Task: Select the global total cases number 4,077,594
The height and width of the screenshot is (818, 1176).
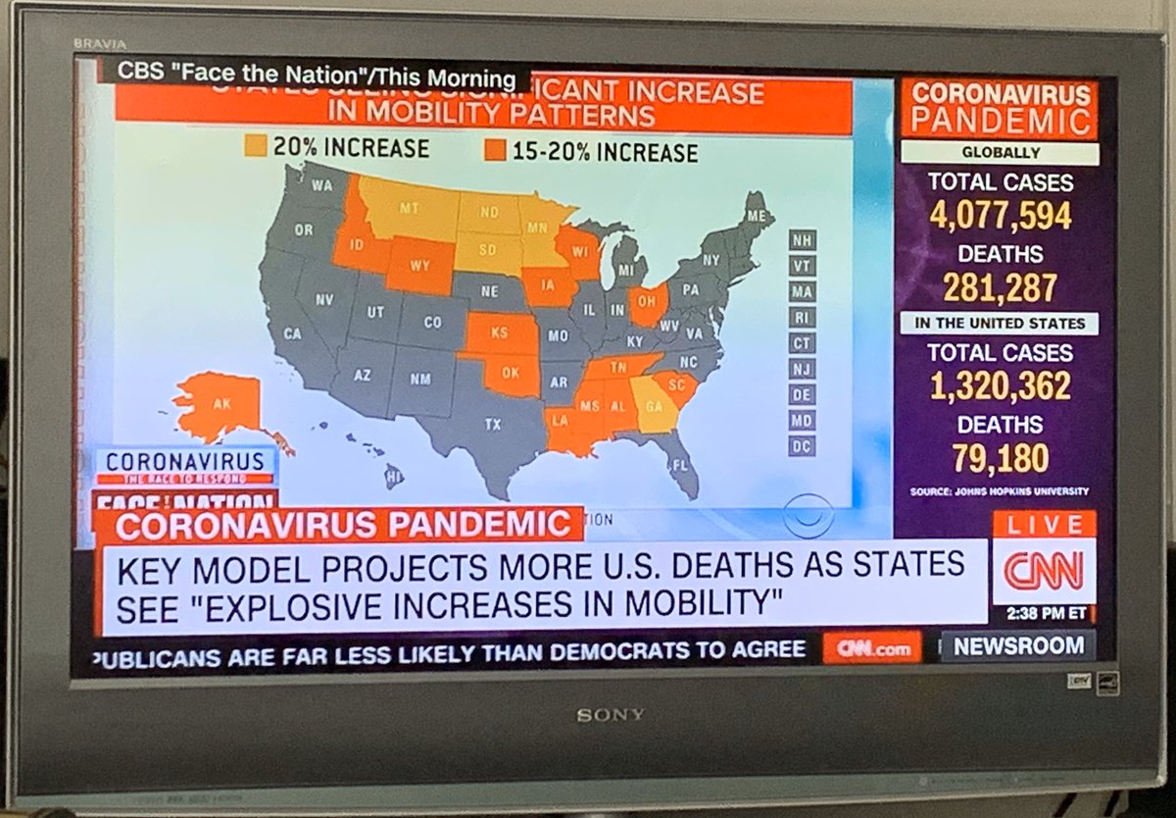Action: coord(1000,216)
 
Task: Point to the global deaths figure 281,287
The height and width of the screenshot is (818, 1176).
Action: coord(1000,287)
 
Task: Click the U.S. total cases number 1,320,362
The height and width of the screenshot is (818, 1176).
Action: coord(1000,386)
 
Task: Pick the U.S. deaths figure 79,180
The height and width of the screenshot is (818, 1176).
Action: coord(1000,458)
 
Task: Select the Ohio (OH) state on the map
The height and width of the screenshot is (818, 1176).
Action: coord(648,303)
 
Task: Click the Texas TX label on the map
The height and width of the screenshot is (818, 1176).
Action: coord(492,425)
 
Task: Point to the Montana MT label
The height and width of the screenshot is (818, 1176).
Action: coord(410,209)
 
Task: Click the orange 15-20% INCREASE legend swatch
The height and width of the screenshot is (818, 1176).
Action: coord(495,151)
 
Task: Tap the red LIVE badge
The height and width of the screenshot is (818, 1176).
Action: coord(1043,525)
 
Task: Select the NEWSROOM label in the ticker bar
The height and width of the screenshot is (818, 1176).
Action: coord(1018,646)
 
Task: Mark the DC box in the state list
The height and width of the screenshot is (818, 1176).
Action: coord(802,445)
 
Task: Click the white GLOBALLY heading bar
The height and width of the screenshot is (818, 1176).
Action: coord(1000,153)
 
